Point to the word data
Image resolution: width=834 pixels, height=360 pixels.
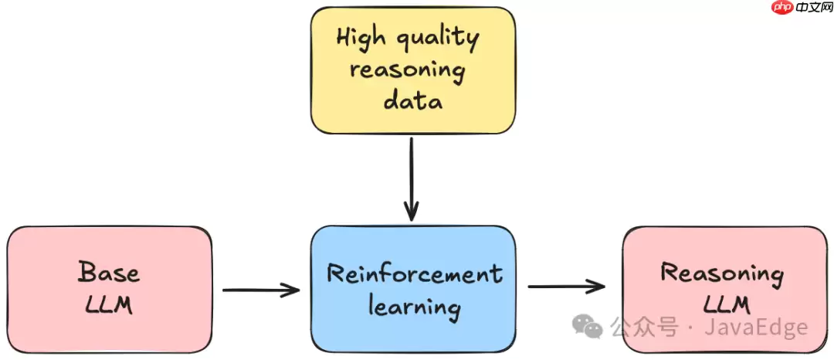click(413, 100)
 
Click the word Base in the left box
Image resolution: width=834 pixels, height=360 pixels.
click(109, 272)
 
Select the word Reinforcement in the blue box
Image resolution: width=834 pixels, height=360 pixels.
click(414, 274)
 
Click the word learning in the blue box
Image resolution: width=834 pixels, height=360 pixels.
click(414, 307)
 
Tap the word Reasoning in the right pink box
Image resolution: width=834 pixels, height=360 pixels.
click(722, 273)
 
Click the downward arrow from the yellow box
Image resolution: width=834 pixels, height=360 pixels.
click(412, 178)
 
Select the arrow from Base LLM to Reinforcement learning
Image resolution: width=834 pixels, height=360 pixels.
click(260, 290)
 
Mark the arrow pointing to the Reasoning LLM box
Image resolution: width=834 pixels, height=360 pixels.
click(566, 287)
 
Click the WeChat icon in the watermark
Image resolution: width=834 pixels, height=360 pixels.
click(592, 328)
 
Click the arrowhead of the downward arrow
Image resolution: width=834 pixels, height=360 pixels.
click(412, 211)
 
